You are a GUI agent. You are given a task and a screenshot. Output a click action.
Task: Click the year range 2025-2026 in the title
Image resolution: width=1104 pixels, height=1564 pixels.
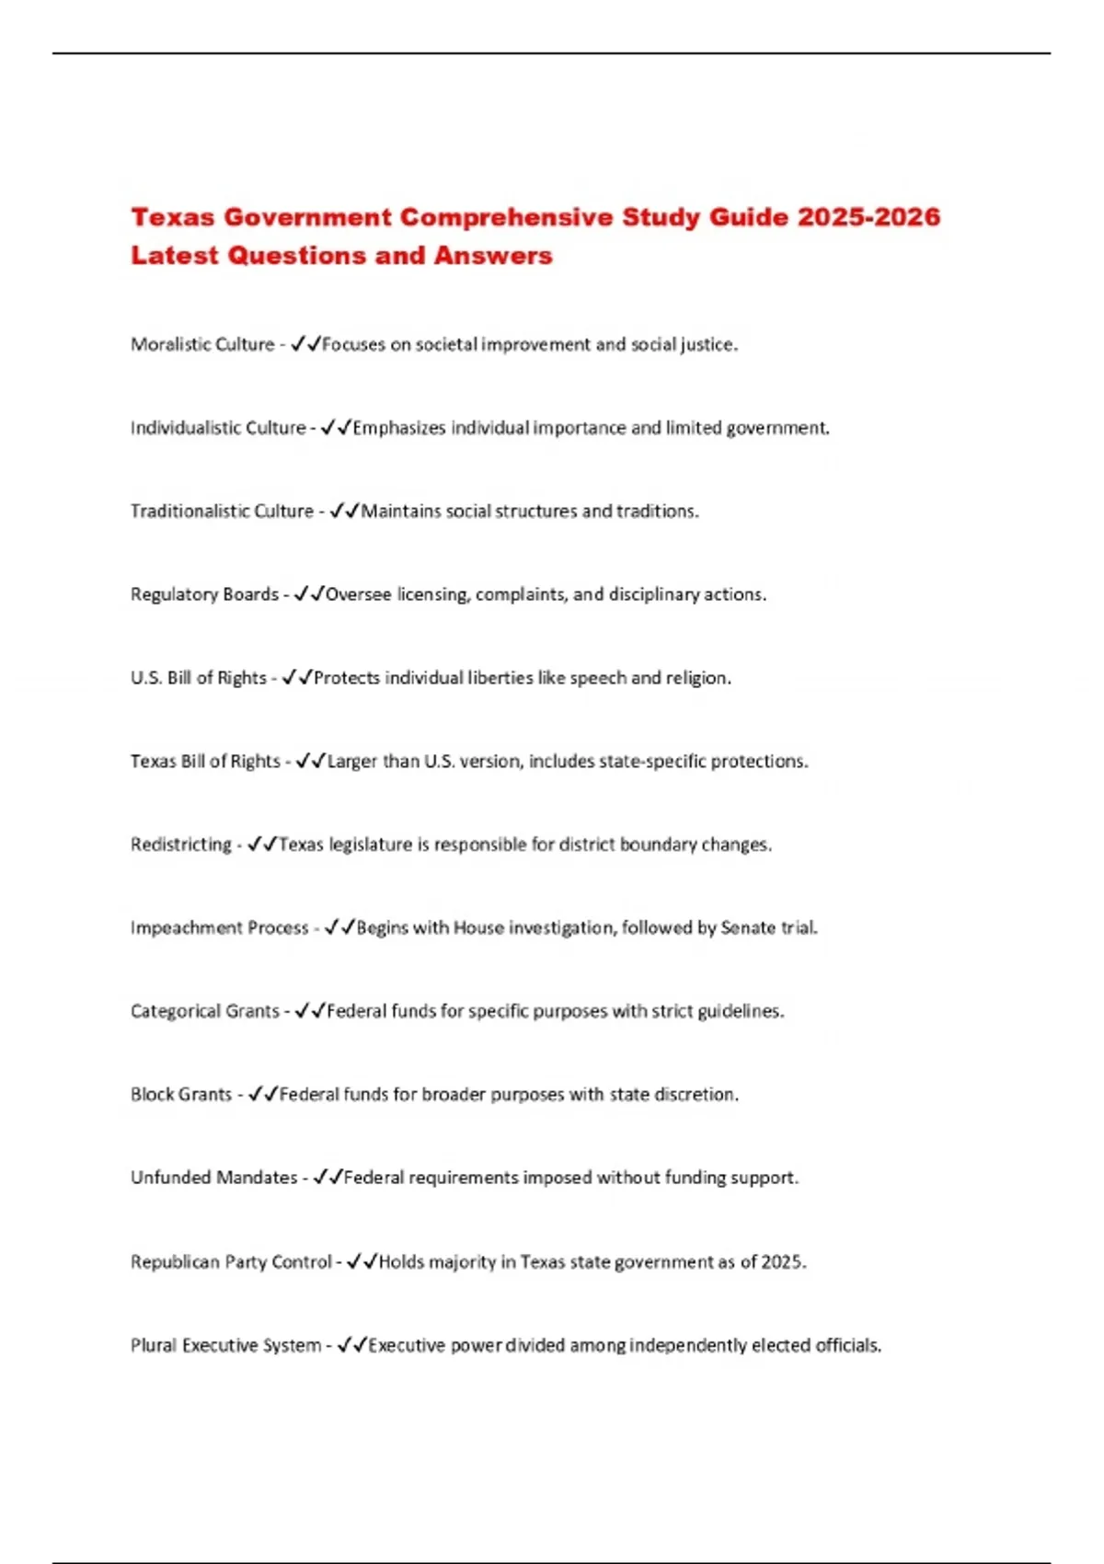pyautogui.click(x=868, y=217)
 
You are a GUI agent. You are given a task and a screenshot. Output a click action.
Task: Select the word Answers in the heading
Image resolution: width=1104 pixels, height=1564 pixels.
pyautogui.click(x=493, y=256)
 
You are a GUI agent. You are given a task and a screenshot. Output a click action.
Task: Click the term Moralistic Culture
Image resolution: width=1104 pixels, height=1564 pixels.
pyautogui.click(x=202, y=344)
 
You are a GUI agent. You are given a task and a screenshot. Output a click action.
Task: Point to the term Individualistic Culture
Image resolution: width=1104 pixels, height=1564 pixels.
pyautogui.click(x=218, y=428)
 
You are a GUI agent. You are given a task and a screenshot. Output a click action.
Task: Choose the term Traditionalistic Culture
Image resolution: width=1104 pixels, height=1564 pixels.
pyautogui.click(x=222, y=511)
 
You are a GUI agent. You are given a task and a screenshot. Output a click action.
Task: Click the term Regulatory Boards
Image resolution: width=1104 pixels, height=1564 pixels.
pyautogui.click(x=204, y=594)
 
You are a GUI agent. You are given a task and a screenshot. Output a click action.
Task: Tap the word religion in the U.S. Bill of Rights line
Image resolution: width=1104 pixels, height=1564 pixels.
pyautogui.click(x=697, y=678)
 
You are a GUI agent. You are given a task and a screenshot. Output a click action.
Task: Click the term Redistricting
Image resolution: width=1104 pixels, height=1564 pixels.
pyautogui.click(x=181, y=845)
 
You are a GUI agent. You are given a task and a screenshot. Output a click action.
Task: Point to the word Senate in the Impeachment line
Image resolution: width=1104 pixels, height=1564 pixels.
pyautogui.click(x=748, y=927)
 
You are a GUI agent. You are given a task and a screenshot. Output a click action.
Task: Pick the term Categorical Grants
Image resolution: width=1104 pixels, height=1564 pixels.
pyautogui.click(x=204, y=1011)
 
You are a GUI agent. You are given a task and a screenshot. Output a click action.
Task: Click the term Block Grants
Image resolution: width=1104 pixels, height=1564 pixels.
pyautogui.click(x=181, y=1094)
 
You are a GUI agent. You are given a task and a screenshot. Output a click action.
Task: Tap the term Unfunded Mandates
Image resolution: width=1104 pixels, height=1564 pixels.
pyautogui.click(x=214, y=1178)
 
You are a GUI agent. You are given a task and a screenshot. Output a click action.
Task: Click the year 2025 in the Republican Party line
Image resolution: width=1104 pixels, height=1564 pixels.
pyautogui.click(x=783, y=1261)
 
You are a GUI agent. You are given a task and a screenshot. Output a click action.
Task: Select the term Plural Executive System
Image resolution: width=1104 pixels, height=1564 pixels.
pyautogui.click(x=225, y=1345)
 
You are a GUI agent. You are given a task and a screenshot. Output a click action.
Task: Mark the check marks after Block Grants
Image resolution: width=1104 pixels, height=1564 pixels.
pyautogui.click(x=263, y=1094)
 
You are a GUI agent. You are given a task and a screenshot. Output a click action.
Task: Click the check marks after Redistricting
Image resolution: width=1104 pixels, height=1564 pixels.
pyautogui.click(x=263, y=845)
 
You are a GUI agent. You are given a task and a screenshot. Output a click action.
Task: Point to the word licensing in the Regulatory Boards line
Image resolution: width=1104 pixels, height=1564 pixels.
pyautogui.click(x=432, y=594)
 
